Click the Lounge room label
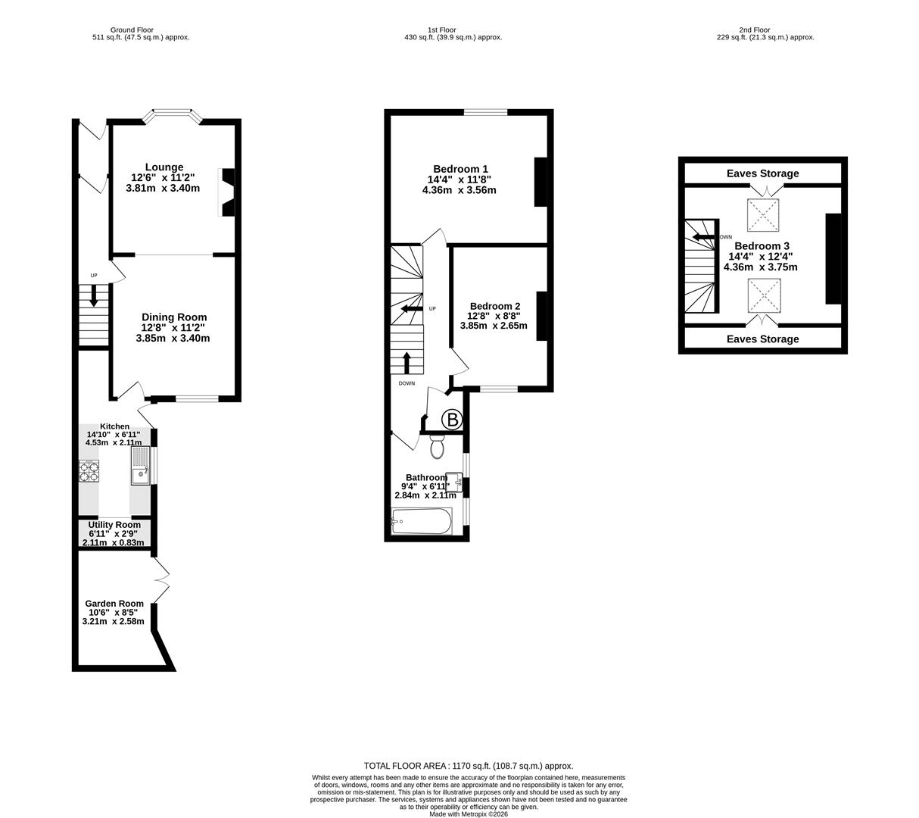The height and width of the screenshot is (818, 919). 164,167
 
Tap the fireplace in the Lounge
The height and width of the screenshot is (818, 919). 226,192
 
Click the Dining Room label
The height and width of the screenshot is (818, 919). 174,317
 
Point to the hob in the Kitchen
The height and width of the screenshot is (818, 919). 89,471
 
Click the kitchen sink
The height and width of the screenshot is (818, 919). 140,466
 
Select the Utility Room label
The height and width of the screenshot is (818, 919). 114,525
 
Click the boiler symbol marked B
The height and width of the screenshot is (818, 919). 452,420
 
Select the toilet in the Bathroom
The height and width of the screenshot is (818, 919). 437,447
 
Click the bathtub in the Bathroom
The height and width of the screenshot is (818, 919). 422,521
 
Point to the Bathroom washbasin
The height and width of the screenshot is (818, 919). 454,482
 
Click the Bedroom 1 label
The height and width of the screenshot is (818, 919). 460,169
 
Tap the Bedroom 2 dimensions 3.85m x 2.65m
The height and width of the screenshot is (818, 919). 494,326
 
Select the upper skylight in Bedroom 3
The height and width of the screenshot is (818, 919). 765,216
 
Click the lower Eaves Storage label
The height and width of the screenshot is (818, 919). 762,339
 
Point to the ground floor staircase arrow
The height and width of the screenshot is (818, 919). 94,295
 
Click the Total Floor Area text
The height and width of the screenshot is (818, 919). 469,766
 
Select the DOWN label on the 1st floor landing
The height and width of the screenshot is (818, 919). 407,383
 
